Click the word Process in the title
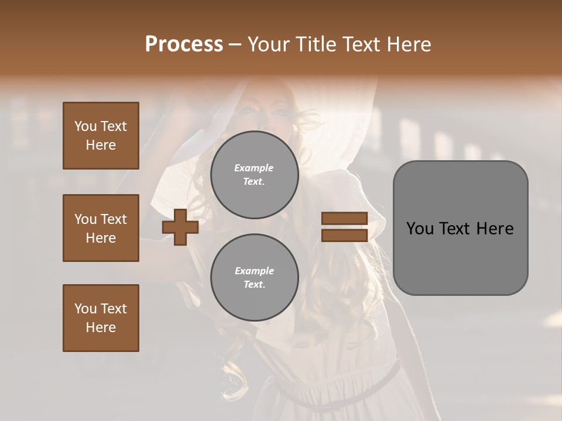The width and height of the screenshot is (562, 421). coord(184,44)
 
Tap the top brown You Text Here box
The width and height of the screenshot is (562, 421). coord(101,136)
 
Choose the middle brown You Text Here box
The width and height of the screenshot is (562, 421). coord(101,228)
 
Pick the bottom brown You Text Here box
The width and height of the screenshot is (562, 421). coord(101,318)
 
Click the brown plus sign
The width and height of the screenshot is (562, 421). coord(180,227)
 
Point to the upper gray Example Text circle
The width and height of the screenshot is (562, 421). coord(254,175)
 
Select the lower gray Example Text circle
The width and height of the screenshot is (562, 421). coord(254,278)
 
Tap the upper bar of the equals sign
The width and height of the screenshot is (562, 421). coord(344,219)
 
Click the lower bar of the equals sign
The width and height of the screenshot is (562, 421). coord(344,236)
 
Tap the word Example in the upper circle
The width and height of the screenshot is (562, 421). coord(254,168)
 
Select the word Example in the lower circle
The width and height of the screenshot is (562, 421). coord(254,271)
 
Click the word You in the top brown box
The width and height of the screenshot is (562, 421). coord(85,126)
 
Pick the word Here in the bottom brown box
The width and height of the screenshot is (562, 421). coord(101,327)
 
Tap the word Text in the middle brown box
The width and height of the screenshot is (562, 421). coord(114,219)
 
